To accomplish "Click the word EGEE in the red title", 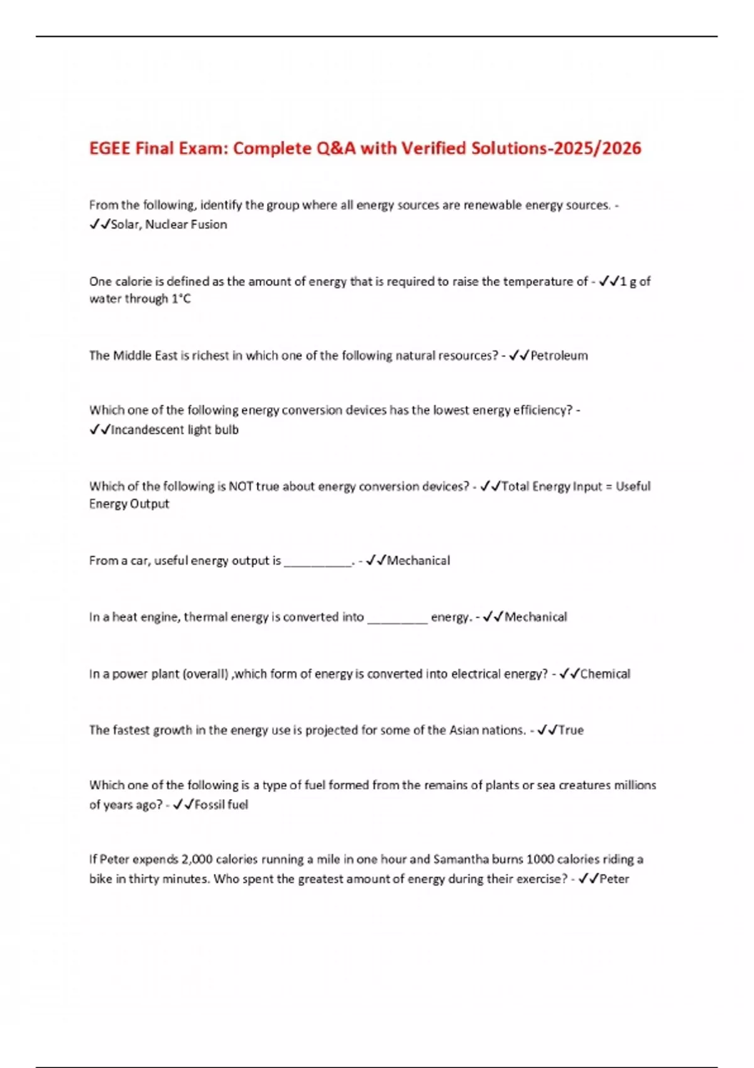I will click(110, 148).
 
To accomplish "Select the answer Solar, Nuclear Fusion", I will click(169, 224).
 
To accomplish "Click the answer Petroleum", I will click(559, 356).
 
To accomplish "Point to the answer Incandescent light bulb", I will click(175, 430).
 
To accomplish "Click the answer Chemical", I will click(605, 674).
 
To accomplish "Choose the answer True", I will click(571, 730).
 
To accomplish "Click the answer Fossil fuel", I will click(221, 805).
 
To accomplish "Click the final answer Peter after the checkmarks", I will click(614, 879).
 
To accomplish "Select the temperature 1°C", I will click(181, 299).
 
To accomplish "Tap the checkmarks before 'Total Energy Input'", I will click(490, 486).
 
